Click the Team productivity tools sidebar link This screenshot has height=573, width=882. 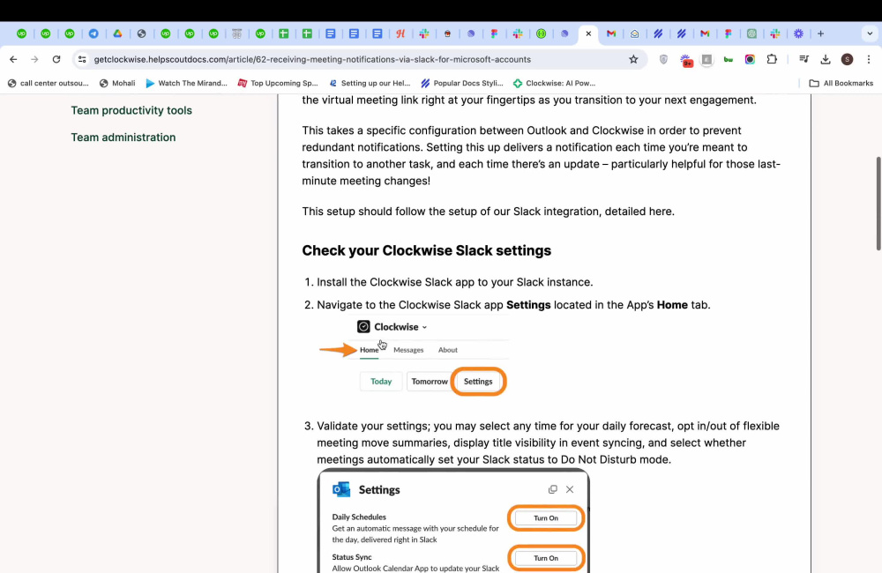pyautogui.click(x=131, y=110)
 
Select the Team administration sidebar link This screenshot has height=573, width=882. pyautogui.click(x=123, y=138)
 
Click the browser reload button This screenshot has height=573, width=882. pyautogui.click(x=56, y=59)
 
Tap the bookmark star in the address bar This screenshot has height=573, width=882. pyautogui.click(x=633, y=59)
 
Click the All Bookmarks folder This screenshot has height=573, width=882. pyautogui.click(x=841, y=83)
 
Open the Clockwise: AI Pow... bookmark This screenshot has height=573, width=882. pyautogui.click(x=555, y=83)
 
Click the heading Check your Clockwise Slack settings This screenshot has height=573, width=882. pyautogui.click(x=426, y=250)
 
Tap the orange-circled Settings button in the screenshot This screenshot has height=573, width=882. pyautogui.click(x=478, y=382)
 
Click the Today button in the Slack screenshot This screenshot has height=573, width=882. pyautogui.click(x=381, y=382)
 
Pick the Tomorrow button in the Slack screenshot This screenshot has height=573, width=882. pyautogui.click(x=429, y=382)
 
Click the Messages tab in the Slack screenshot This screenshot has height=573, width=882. pyautogui.click(x=408, y=350)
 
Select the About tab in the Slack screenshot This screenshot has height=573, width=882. pyautogui.click(x=448, y=350)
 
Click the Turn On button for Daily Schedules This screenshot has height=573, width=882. pyautogui.click(x=546, y=518)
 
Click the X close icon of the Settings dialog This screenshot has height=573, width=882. pyautogui.click(x=570, y=489)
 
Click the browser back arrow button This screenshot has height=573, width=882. pyautogui.click(x=13, y=59)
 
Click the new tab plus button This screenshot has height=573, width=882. pyautogui.click(x=820, y=33)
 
